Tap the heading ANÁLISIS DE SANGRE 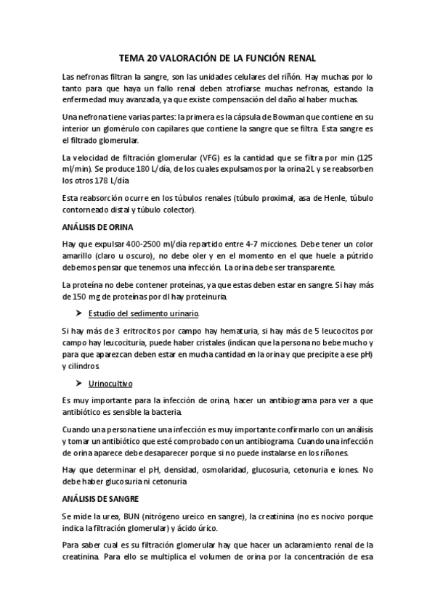(99, 499)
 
